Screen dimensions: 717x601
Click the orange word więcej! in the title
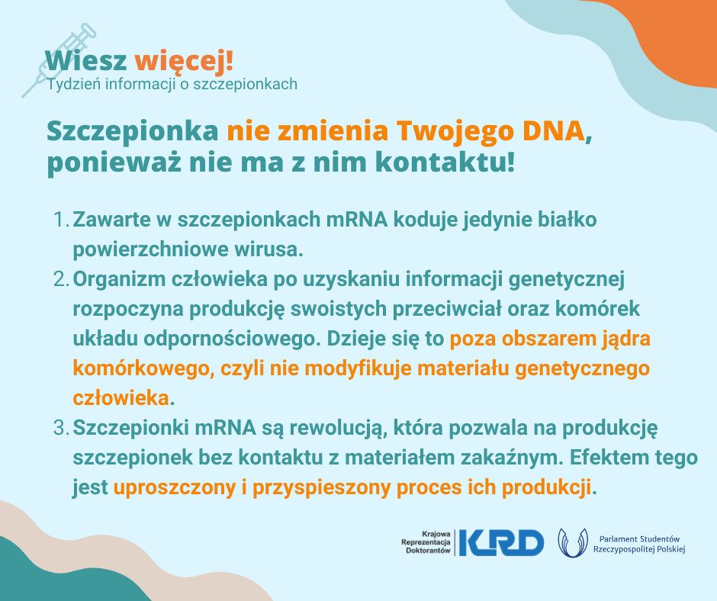point(184,61)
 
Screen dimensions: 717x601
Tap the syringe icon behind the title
point(59,60)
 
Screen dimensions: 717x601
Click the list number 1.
point(61,220)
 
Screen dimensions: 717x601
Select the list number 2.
point(61,279)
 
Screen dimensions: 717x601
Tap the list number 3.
point(61,428)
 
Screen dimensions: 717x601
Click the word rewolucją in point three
point(335,428)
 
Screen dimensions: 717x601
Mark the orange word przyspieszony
point(321,487)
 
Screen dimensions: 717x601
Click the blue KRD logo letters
point(502,543)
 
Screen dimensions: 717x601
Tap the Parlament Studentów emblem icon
point(573,543)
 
